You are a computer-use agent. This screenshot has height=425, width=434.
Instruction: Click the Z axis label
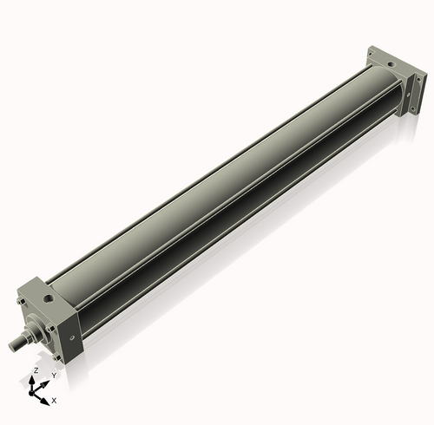click(36, 369)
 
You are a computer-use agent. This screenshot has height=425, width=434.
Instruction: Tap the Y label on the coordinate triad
click(53, 375)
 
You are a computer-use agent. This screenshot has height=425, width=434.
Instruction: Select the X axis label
click(54, 401)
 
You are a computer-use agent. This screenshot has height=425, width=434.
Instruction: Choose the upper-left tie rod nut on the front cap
click(19, 301)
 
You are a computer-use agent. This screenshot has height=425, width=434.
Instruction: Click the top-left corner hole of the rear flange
click(370, 50)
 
